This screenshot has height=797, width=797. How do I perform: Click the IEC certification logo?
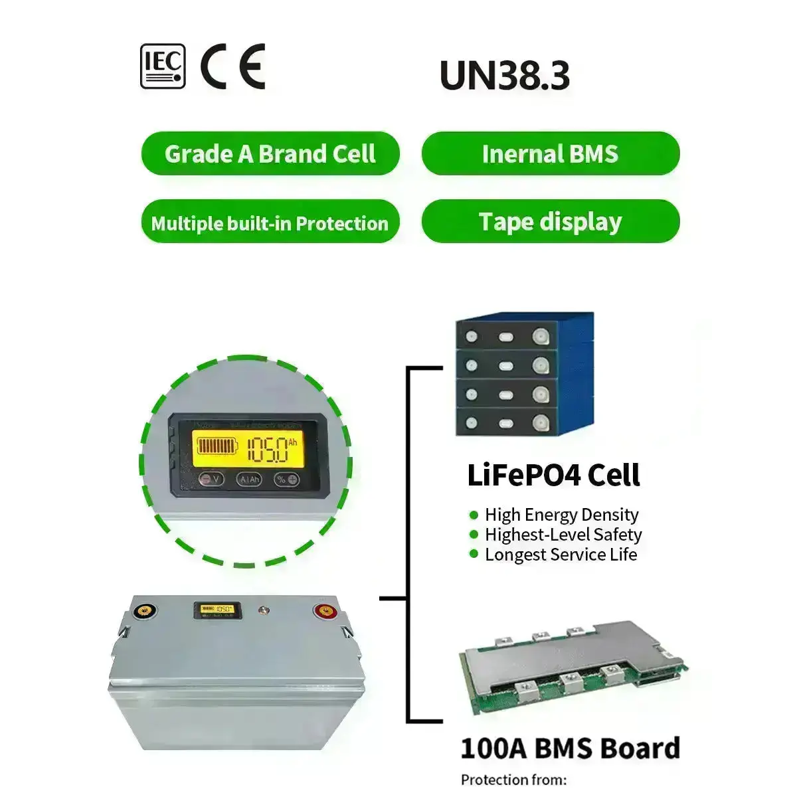163,66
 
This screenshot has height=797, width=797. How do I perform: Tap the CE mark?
233,66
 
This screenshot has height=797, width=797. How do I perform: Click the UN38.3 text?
504,75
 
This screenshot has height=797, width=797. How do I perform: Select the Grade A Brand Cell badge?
270,154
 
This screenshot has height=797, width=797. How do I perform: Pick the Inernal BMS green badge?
550,154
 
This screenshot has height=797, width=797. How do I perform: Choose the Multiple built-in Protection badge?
270,222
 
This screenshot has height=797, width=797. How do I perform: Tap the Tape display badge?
550,221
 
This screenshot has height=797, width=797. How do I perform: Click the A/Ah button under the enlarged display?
250,479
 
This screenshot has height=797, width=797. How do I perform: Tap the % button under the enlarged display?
287,479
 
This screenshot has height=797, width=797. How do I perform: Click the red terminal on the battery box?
325,611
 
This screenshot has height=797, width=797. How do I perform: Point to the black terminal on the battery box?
141,610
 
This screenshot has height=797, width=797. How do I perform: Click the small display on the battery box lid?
215,609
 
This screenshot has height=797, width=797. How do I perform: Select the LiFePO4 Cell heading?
553,476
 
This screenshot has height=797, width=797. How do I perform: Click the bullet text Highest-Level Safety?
563,535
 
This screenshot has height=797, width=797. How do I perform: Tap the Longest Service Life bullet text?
561,555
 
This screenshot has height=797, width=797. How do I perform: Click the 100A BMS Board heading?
570,748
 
